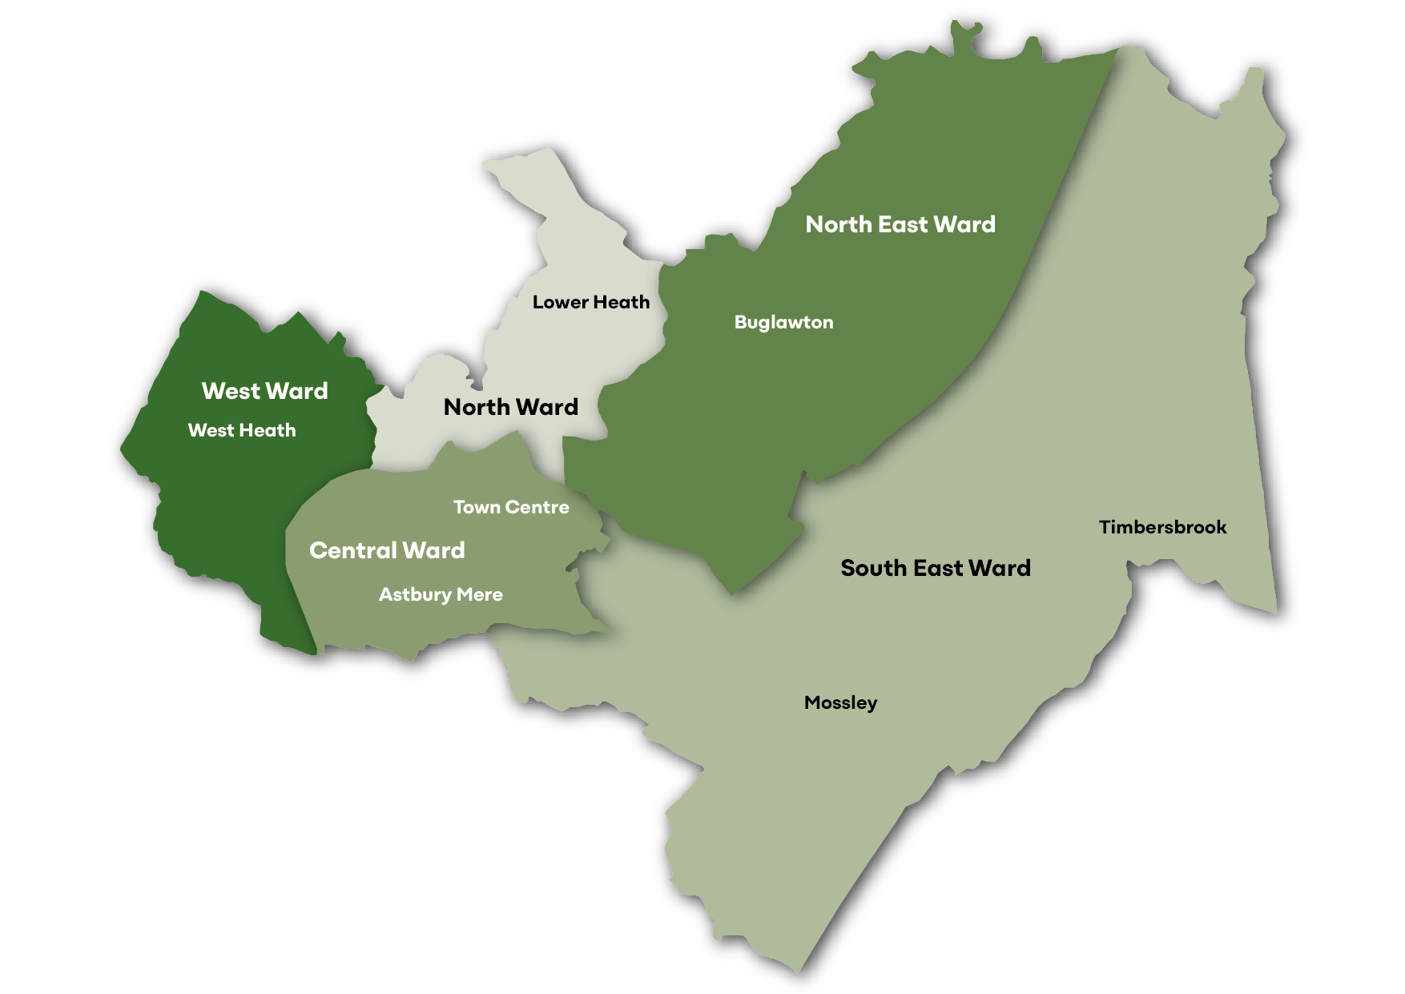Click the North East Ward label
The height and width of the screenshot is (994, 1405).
pos(900,224)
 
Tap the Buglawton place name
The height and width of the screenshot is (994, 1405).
pos(783,322)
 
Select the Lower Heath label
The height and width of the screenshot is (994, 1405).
pos(591,302)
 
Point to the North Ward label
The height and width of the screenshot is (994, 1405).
pos(511,407)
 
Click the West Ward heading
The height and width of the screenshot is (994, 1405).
pos(265,391)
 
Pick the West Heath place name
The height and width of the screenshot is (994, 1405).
pos(242,430)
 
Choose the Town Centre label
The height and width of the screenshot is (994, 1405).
pos(511,507)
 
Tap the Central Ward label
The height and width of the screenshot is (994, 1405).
pos(387,550)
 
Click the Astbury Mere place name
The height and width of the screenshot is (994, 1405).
pos(441,594)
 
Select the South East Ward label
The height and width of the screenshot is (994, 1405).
pos(936,568)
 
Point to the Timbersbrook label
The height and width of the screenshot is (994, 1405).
pos(1162,527)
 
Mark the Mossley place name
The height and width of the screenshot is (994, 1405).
pos(840,702)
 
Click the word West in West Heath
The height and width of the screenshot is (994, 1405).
pos(210,430)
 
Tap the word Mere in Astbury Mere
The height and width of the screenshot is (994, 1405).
pos(480,594)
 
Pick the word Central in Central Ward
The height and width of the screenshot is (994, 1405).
pos(353,550)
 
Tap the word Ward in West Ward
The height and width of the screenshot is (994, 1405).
pos(297,391)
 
